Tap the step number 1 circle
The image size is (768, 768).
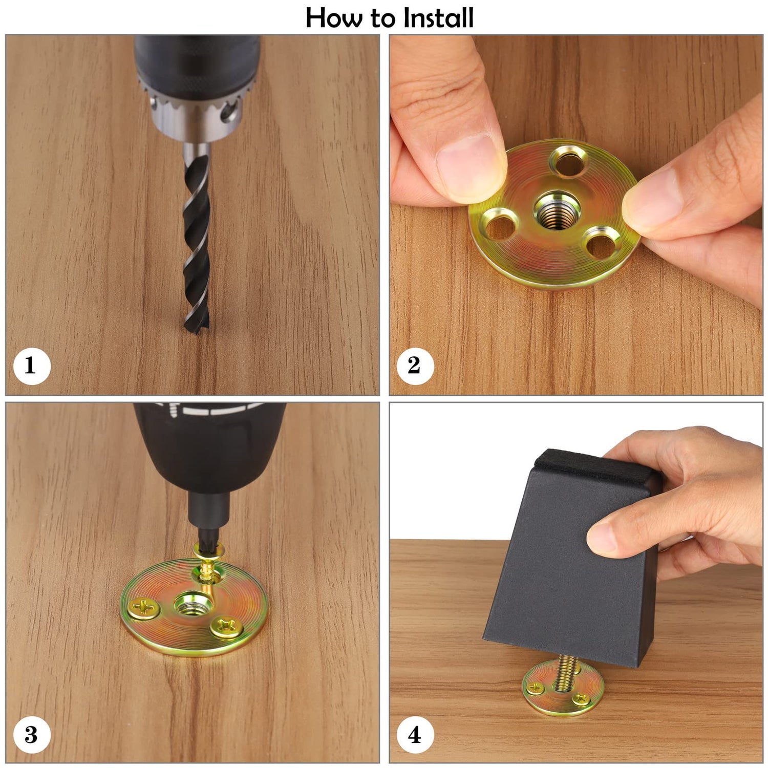coord(31,366)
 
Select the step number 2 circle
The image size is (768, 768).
coord(415,366)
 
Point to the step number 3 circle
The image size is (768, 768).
coord(31,735)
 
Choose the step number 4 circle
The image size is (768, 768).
coord(415,735)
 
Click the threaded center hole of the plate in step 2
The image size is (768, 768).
coord(553,209)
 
